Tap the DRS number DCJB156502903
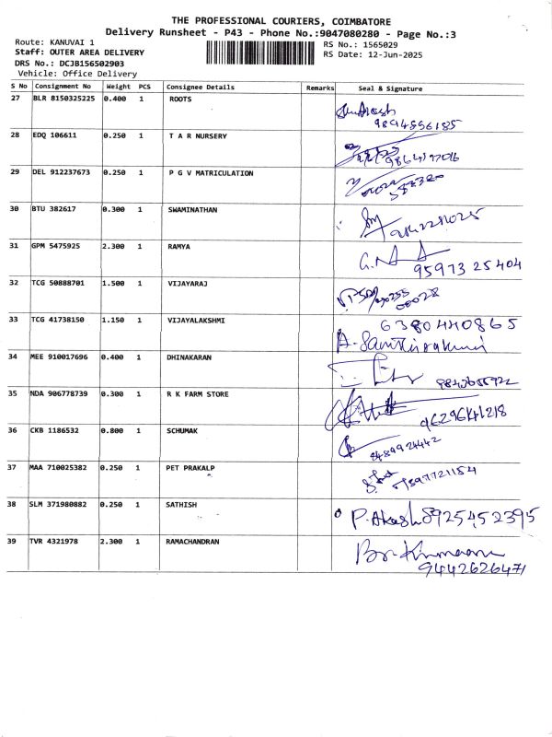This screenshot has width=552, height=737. (70, 63)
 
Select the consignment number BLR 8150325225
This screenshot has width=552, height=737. (63, 99)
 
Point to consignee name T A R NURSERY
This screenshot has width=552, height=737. (197, 135)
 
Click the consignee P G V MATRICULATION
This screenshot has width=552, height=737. (211, 172)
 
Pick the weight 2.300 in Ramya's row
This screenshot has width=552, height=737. (115, 246)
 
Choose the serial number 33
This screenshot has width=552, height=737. (15, 320)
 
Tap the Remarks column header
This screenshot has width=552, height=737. (320, 88)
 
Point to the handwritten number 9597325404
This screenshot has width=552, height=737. (469, 267)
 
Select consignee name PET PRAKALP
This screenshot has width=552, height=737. (190, 467)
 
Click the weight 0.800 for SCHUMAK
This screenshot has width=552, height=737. (115, 430)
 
